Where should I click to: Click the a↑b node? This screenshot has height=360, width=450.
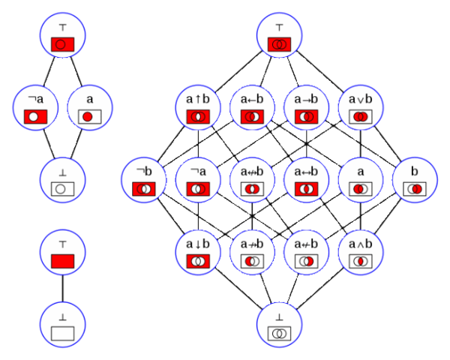click(x=199, y=108)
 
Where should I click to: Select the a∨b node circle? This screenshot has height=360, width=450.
click(x=361, y=108)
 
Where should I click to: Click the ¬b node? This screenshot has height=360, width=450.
click(x=144, y=181)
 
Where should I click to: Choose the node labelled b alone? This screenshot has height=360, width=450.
click(x=415, y=181)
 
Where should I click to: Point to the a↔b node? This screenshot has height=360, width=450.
click(x=307, y=181)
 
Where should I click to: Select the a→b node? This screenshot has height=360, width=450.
click(x=307, y=108)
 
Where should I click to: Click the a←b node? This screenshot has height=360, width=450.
click(x=253, y=108)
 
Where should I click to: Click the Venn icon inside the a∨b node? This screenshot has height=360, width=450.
click(x=361, y=117)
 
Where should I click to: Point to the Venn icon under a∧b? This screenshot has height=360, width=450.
click(x=361, y=262)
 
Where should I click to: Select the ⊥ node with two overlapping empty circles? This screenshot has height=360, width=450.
click(x=280, y=325)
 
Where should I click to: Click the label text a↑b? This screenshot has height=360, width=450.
click(x=199, y=98)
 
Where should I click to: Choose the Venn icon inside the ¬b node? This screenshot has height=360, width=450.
click(x=144, y=190)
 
